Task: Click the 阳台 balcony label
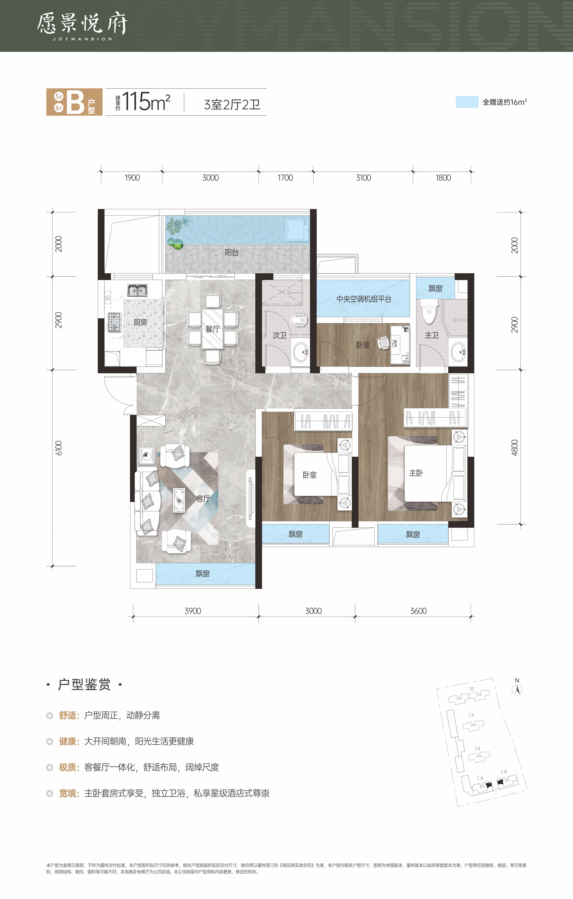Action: (231, 252)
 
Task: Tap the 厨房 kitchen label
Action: (140, 322)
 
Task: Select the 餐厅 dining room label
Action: (212, 329)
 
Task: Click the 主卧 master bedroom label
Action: (416, 473)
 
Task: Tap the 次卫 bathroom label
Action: (280, 335)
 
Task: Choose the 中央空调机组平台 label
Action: (364, 299)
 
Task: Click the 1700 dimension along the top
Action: (285, 178)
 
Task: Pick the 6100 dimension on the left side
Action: (59, 448)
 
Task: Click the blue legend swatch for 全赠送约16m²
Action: (467, 102)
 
